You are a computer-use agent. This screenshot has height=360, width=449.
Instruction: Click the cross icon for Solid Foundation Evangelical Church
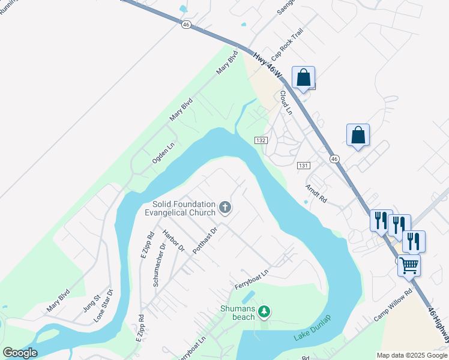click(225, 208)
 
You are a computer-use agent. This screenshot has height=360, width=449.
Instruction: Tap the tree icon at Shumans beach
click(264, 311)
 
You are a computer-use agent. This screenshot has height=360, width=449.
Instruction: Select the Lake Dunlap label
click(312, 327)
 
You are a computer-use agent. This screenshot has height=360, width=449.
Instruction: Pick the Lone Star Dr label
click(103, 307)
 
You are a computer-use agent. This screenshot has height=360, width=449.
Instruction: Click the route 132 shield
click(260, 140)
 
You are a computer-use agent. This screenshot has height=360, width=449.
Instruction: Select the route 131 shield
click(303, 165)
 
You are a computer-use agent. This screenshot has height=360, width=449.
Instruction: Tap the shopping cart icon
click(409, 264)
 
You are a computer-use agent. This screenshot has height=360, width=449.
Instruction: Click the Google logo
click(20, 353)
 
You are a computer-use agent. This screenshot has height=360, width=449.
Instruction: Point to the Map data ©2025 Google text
click(412, 355)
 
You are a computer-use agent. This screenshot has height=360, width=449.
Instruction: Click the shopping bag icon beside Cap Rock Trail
click(303, 77)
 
